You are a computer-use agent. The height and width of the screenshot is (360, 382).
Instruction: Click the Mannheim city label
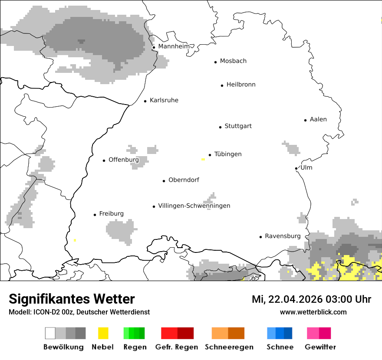click(x=174, y=46)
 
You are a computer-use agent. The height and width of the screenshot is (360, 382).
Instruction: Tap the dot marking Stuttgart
click(x=220, y=127)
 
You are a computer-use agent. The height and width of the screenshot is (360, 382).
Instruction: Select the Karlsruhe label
click(x=164, y=100)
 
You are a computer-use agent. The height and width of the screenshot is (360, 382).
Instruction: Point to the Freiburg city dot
click(x=95, y=215)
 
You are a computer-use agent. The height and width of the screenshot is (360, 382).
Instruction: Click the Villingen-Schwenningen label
click(x=194, y=206)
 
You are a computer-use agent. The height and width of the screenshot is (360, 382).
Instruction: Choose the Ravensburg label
click(x=283, y=236)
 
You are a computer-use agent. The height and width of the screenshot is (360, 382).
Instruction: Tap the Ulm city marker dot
click(x=296, y=168)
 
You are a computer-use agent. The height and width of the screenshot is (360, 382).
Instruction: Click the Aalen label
click(x=318, y=119)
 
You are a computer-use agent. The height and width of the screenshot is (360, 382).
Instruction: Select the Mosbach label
click(x=233, y=61)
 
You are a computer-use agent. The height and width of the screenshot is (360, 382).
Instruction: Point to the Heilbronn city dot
click(x=222, y=85)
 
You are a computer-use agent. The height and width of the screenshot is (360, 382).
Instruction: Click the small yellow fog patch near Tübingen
click(x=203, y=160)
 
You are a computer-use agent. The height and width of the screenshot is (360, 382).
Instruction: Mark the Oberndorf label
click(x=184, y=180)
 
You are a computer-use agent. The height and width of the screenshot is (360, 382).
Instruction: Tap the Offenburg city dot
click(x=104, y=160)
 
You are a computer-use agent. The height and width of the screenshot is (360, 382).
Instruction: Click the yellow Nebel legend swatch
click(x=103, y=333)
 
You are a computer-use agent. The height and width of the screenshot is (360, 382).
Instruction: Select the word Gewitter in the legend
click(x=320, y=347)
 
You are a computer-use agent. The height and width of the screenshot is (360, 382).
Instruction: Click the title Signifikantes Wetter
click(x=72, y=299)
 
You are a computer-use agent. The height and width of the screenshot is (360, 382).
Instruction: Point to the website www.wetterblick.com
click(x=313, y=312)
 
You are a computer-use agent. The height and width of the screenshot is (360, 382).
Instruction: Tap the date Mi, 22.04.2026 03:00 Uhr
click(x=311, y=299)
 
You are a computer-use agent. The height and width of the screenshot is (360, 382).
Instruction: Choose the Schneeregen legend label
click(x=229, y=347)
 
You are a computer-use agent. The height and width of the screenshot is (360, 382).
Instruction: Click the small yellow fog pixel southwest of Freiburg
click(x=75, y=240)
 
